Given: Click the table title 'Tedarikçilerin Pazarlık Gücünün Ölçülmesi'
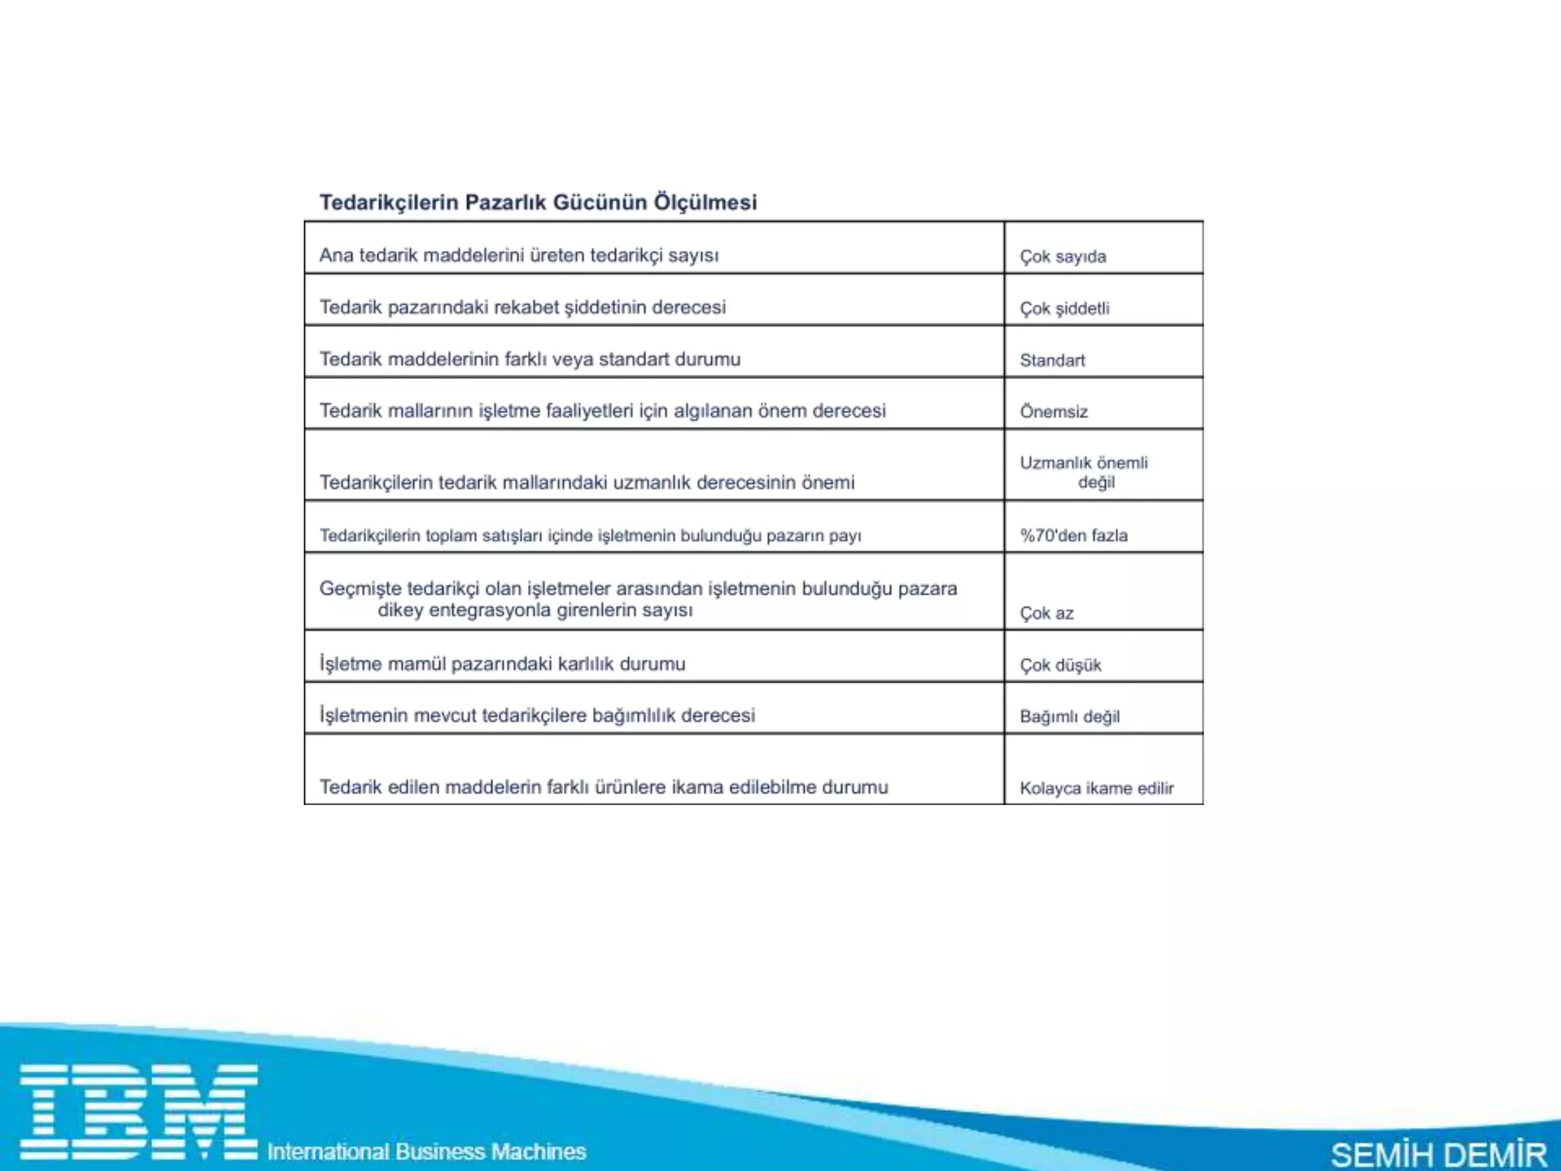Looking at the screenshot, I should pyautogui.click(x=538, y=202).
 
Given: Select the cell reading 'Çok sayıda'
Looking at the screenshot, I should pyautogui.click(x=1063, y=256).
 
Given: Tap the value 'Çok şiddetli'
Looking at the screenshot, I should pyautogui.click(x=1064, y=308).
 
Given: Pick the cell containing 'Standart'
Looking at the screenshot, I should pyautogui.click(x=1052, y=360).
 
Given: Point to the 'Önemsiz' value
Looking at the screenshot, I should pyautogui.click(x=1053, y=412).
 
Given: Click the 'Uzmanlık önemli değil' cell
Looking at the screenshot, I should pyautogui.click(x=1084, y=472).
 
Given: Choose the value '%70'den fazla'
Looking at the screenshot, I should pyautogui.click(x=1073, y=535).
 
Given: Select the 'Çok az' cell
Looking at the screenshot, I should pyautogui.click(x=1047, y=613).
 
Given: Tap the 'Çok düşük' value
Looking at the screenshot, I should pyautogui.click(x=1060, y=665).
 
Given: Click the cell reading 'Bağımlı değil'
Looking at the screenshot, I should pyautogui.click(x=1069, y=717).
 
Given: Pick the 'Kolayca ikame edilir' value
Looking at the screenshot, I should pyautogui.click(x=1096, y=788).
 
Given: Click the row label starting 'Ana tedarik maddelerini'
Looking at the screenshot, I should pyautogui.click(x=518, y=255).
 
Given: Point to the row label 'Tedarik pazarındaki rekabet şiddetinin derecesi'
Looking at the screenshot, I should pyautogui.click(x=522, y=307).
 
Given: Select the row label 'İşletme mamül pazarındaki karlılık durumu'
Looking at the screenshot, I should pyautogui.click(x=502, y=664).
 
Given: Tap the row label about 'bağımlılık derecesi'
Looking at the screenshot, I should pyautogui.click(x=537, y=716).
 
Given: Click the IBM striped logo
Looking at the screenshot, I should pyautogui.click(x=138, y=1111).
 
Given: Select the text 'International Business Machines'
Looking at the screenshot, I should pyautogui.click(x=426, y=1151).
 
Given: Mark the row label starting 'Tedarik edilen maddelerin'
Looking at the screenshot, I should pyautogui.click(x=603, y=787).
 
